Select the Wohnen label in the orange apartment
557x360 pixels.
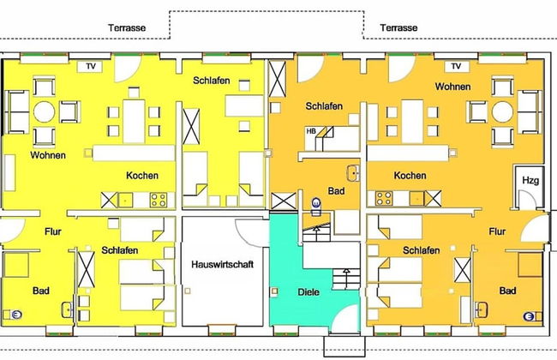[x=452, y=87]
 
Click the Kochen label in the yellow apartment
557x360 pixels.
[x=141, y=175]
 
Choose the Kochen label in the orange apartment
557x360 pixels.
[x=410, y=175]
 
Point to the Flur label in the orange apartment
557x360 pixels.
[x=497, y=231]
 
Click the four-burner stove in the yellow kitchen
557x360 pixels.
[x=159, y=200]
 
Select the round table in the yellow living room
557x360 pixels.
[x=44, y=111]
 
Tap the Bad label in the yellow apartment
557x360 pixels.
[x=40, y=291]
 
